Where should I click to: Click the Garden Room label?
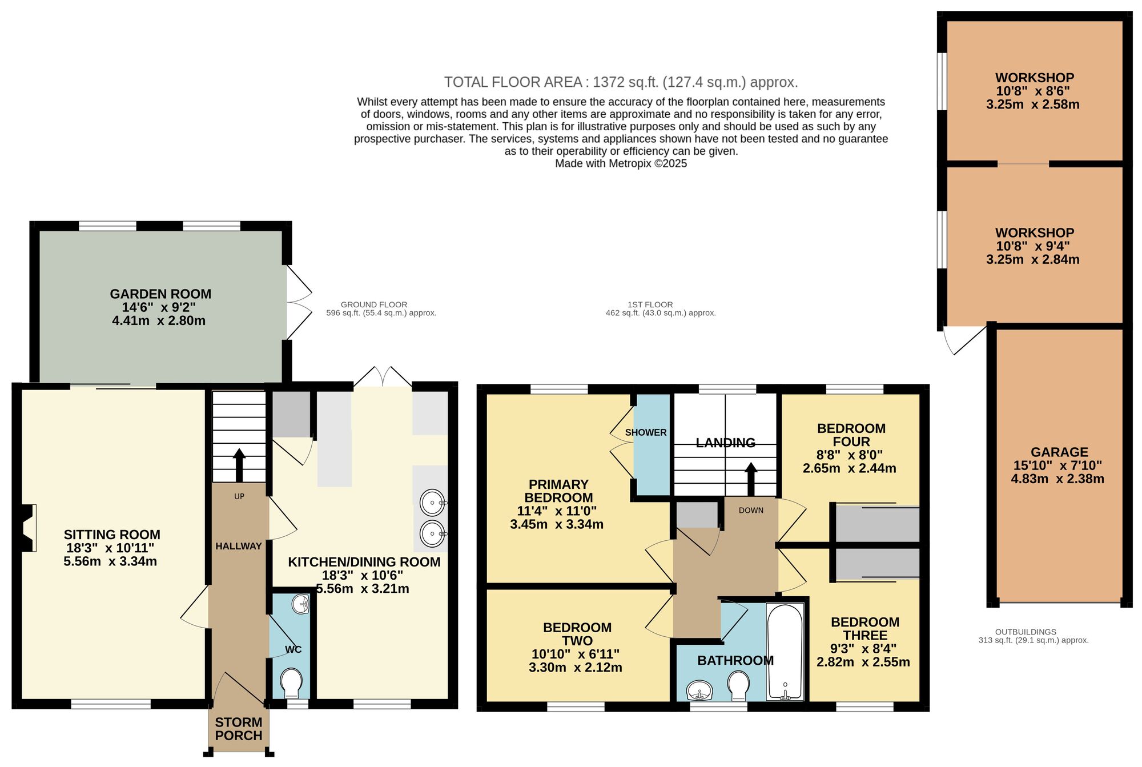pyautogui.click(x=160, y=294)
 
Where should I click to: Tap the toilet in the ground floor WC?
pyautogui.click(x=291, y=682)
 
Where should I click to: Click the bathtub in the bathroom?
pyautogui.click(x=785, y=652)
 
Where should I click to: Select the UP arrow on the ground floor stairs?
pyautogui.click(x=239, y=465)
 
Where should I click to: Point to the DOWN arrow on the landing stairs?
pyautogui.click(x=751, y=479)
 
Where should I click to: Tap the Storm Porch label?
pyautogui.click(x=239, y=729)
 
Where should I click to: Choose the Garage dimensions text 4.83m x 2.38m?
pyautogui.click(x=1057, y=479)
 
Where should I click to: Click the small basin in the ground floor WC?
pyautogui.click(x=300, y=604)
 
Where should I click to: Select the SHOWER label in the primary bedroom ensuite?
pyautogui.click(x=646, y=432)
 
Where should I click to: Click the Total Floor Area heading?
pyautogui.click(x=621, y=82)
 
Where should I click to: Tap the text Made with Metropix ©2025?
pyautogui.click(x=621, y=164)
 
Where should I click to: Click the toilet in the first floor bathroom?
pyautogui.click(x=738, y=685)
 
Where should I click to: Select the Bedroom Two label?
pyautogui.click(x=577, y=634)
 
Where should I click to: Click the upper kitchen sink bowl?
pyautogui.click(x=433, y=503)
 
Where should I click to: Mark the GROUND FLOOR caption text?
pyautogui.click(x=374, y=305)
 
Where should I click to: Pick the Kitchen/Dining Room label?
pyautogui.click(x=364, y=562)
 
